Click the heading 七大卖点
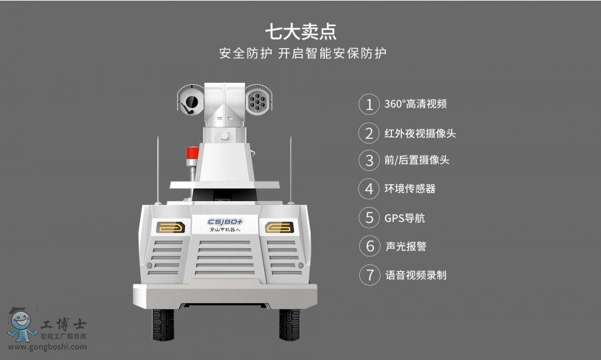(301, 32)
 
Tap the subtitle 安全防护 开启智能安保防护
(303, 53)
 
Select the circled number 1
(369, 104)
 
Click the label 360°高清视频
(415, 104)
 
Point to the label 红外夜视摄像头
(420, 134)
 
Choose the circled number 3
(369, 160)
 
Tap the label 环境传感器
(410, 188)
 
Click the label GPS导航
(405, 218)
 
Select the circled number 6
(369, 246)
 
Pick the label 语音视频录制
(416, 275)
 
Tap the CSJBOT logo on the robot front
(225, 222)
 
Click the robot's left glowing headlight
(170, 228)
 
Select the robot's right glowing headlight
(280, 228)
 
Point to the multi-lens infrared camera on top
(258, 100)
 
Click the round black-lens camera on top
(190, 102)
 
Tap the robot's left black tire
(164, 325)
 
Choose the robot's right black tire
(289, 325)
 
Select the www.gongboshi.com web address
(47, 347)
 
